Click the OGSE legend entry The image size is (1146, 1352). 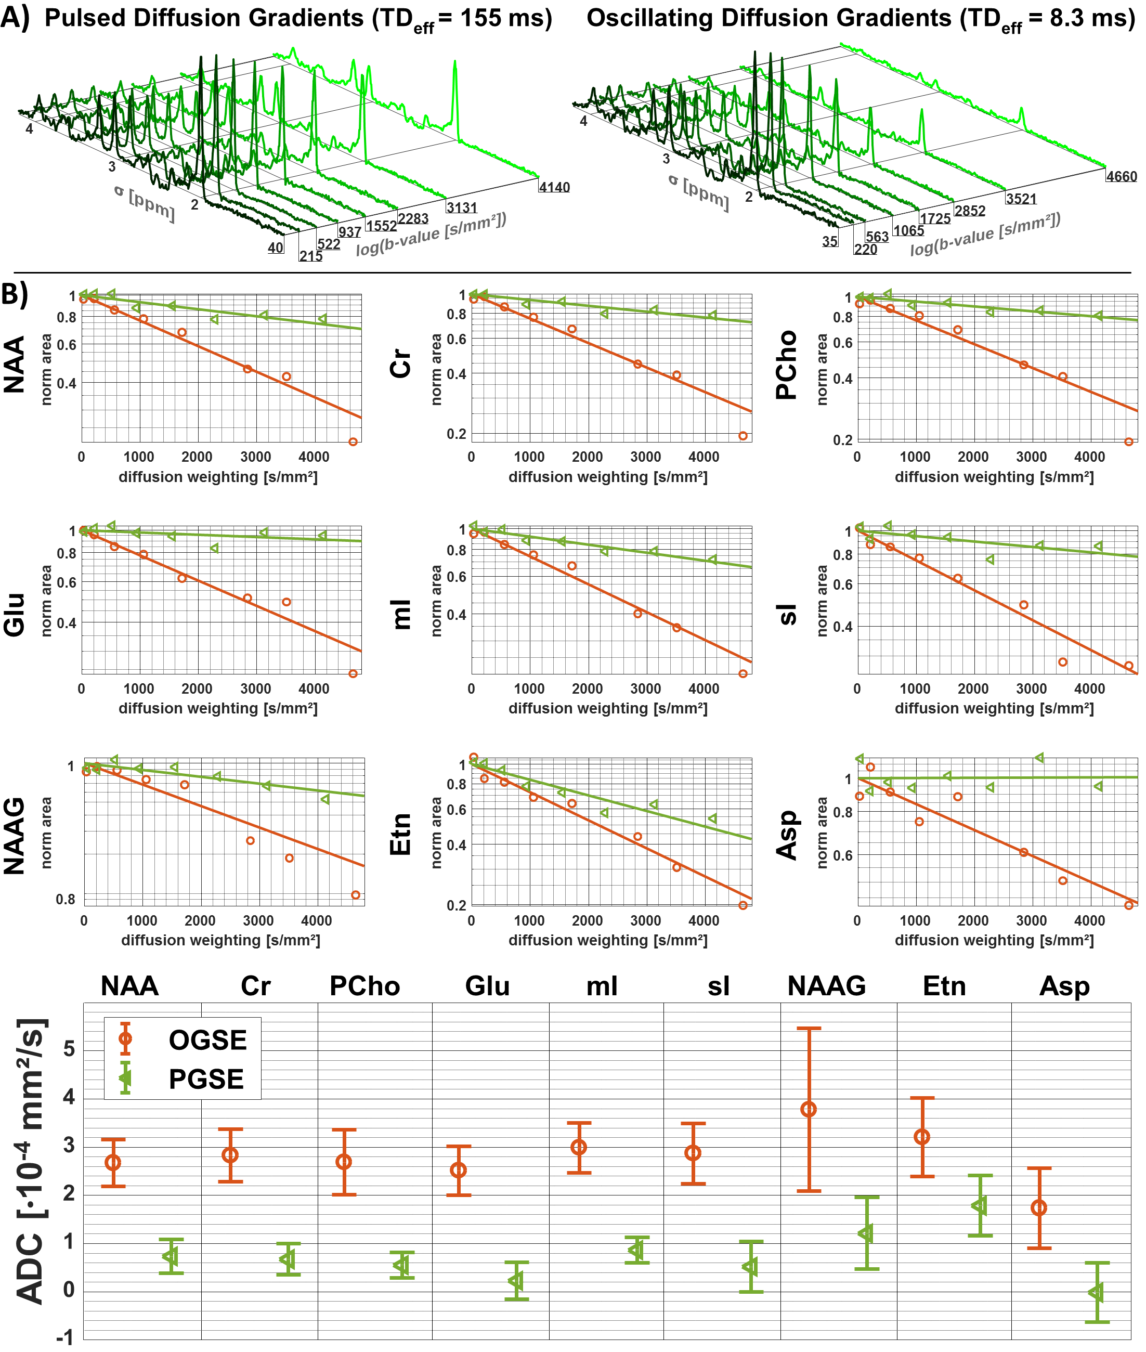(x=206, y=1040)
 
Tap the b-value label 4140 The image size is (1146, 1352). (x=554, y=187)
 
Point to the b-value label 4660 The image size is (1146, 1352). (x=1122, y=176)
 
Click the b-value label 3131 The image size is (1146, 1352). (x=461, y=207)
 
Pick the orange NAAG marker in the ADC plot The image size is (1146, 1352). (x=809, y=1109)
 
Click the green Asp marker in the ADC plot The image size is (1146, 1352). (x=1097, y=1292)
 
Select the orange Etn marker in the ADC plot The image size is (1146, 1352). (x=922, y=1136)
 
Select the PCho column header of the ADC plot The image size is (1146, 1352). (x=364, y=985)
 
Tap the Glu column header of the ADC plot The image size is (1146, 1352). (x=487, y=985)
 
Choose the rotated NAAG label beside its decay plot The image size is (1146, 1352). (x=14, y=836)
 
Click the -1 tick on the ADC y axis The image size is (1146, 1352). (x=65, y=1337)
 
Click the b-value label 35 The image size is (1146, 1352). (x=830, y=241)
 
